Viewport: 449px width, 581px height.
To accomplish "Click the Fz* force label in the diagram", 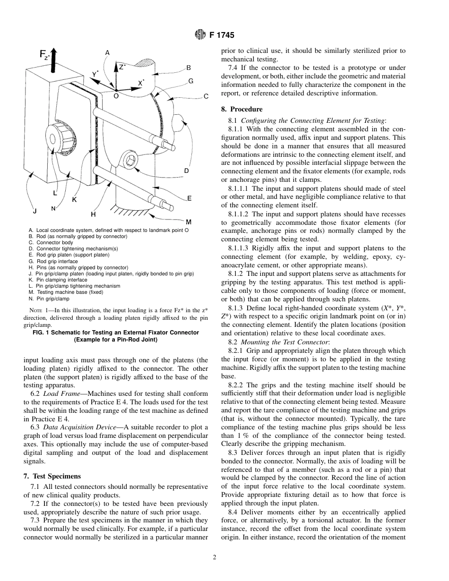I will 44,55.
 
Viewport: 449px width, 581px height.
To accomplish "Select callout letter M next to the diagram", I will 188,222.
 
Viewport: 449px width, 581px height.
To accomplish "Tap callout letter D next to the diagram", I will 186,171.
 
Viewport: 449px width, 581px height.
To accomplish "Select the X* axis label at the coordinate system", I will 141,82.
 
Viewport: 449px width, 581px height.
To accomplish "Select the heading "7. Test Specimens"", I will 52,476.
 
